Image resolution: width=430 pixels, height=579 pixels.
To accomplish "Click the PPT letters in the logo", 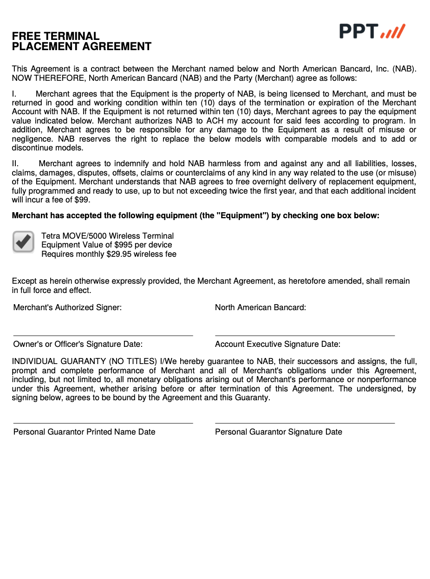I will [x=358, y=31].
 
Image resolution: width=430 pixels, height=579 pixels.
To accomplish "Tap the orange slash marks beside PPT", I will [x=393, y=32].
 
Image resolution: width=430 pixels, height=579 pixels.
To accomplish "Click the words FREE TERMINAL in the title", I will [x=56, y=36].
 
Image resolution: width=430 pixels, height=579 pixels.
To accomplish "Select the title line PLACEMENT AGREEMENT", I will [x=82, y=46].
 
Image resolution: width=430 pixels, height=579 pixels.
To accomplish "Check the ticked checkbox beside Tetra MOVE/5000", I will [x=23, y=242].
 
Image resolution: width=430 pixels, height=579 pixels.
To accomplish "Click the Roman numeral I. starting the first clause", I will [x=14, y=94].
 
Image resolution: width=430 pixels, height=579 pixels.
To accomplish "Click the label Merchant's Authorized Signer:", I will [x=67, y=307].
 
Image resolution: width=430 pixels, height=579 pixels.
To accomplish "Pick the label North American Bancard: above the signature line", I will [x=261, y=307].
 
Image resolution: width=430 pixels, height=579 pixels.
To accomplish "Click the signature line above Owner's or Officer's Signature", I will [x=103, y=335].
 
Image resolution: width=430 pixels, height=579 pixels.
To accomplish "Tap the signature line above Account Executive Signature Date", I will [x=305, y=335].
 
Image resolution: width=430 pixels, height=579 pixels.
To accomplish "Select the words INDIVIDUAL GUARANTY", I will [x=59, y=361].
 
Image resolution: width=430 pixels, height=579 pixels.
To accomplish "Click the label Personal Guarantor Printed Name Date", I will [x=84, y=432].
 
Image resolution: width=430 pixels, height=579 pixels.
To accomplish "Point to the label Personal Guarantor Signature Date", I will [x=279, y=432].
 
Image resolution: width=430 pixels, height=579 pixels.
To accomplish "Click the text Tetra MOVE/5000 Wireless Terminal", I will [x=107, y=236].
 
